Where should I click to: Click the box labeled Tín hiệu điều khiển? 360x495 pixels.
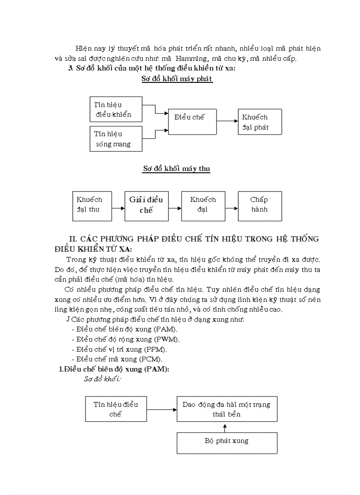[116, 109]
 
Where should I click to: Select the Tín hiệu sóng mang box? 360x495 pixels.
[116, 138]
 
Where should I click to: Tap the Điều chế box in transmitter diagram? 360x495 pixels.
[192, 122]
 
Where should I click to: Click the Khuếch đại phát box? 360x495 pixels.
[259, 122]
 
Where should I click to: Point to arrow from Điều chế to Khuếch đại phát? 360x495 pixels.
[227, 120]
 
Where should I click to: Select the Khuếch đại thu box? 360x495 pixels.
[92, 205]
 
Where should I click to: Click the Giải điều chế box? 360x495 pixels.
[146, 205]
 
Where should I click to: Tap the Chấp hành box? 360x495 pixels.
[259, 205]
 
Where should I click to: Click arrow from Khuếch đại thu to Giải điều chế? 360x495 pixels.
[118, 208]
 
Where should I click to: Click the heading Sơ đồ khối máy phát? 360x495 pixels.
[177, 79]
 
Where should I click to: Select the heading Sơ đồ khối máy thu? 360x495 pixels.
[176, 169]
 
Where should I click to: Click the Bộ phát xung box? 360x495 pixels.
[227, 443]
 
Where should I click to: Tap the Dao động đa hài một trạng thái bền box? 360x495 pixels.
[227, 409]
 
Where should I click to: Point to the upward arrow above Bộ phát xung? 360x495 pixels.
[225, 427]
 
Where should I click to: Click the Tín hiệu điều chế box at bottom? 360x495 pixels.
[116, 409]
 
